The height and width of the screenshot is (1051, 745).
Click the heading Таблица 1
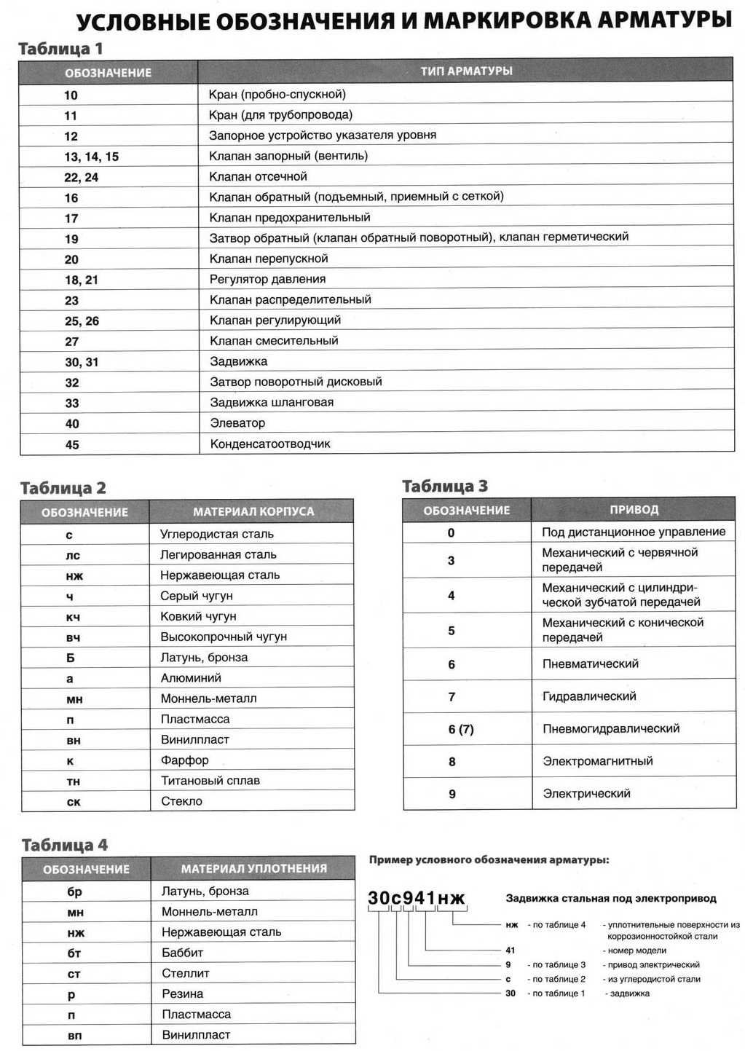pyautogui.click(x=60, y=49)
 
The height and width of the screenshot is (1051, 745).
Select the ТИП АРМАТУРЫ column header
pyautogui.click(x=466, y=71)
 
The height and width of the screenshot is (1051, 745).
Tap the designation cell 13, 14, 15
pyautogui.click(x=92, y=157)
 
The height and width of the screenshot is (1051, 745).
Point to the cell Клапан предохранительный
pyautogui.click(x=290, y=218)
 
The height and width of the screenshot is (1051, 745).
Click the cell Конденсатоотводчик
pyautogui.click(x=270, y=444)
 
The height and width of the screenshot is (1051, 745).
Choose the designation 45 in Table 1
pyautogui.click(x=72, y=444)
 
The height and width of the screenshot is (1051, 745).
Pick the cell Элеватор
pyautogui.click(x=237, y=423)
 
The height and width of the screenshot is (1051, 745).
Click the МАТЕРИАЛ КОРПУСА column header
pyautogui.click(x=253, y=512)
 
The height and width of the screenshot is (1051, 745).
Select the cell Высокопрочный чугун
pyautogui.click(x=224, y=637)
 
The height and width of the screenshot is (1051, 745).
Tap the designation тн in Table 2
pyautogui.click(x=73, y=782)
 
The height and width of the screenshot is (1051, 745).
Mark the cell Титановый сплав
pyautogui.click(x=210, y=781)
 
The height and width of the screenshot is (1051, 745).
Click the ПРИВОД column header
pyautogui.click(x=634, y=510)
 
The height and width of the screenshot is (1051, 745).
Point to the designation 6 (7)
pyautogui.click(x=461, y=729)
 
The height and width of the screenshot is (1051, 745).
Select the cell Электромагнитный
pyautogui.click(x=597, y=761)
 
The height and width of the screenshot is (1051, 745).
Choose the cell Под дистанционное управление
pyautogui.click(x=634, y=532)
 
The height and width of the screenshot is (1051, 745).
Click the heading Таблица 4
pyautogui.click(x=65, y=845)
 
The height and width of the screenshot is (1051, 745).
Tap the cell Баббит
pyautogui.click(x=182, y=953)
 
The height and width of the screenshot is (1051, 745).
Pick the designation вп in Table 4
pyautogui.click(x=74, y=1035)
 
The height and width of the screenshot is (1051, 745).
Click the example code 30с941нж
pyautogui.click(x=416, y=898)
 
